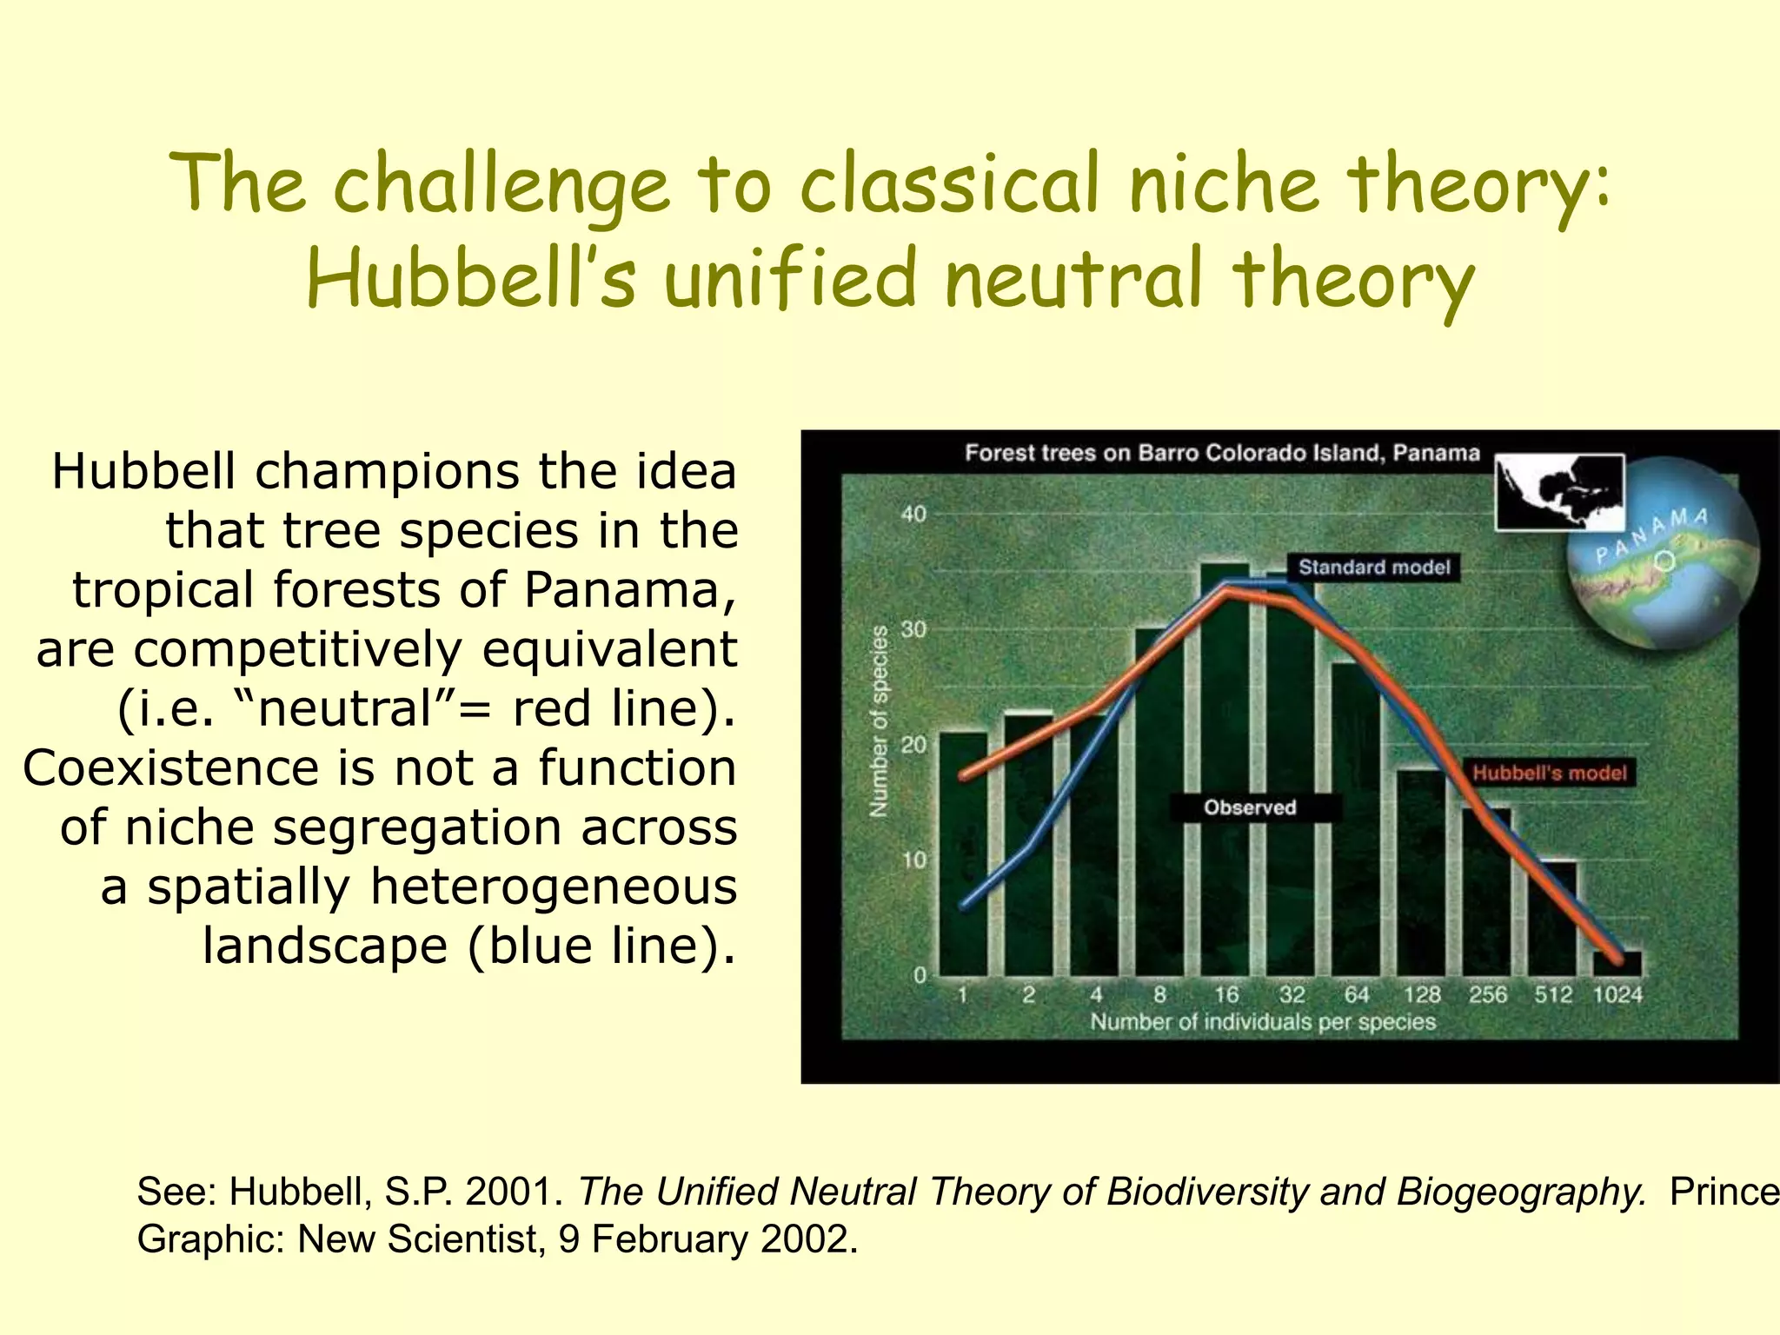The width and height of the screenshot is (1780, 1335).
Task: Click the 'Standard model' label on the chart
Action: (x=1374, y=568)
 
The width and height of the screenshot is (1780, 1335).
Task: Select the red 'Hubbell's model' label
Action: (x=1549, y=773)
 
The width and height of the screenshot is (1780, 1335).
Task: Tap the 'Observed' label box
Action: (x=1250, y=807)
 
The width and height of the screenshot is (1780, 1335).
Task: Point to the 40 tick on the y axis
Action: (x=913, y=514)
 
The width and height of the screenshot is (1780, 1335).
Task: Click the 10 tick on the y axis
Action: (x=913, y=860)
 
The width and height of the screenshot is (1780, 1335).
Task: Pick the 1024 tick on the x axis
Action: (x=1617, y=994)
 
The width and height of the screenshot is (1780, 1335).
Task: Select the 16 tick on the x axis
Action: (x=1225, y=994)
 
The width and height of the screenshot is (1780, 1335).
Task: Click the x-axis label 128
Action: (x=1422, y=994)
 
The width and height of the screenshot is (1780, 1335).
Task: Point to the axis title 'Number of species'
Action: (x=880, y=721)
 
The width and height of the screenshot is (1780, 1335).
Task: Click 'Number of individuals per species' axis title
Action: (x=1263, y=1022)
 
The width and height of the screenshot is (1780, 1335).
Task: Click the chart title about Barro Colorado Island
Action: (x=1222, y=453)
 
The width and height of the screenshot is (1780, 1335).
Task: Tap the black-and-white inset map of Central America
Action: (x=1559, y=492)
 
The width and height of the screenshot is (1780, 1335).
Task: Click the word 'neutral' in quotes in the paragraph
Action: (x=345, y=708)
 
